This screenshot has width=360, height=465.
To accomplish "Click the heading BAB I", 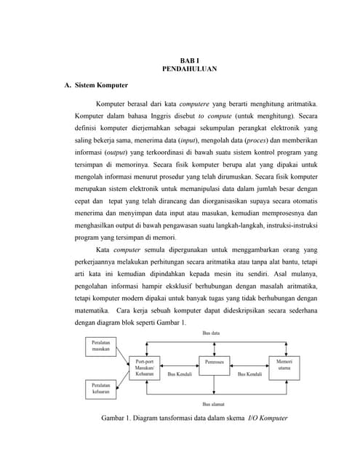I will (x=189, y=60).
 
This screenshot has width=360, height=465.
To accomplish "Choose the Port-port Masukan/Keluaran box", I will (x=146, y=366).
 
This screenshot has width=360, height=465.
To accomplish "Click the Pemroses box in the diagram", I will (x=215, y=361).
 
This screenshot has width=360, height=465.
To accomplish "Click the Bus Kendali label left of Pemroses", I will (x=179, y=374).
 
